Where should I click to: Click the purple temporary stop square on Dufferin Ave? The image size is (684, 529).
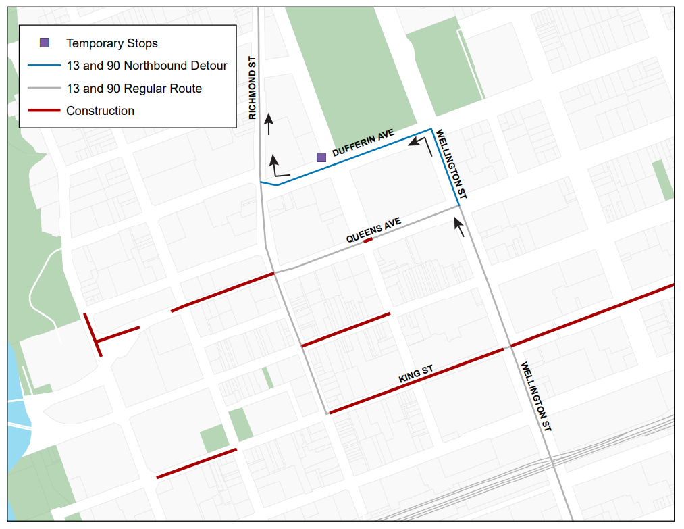pos(321,157)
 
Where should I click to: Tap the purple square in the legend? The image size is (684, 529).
pos(45,43)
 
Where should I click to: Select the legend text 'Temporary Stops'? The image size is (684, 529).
pos(111,43)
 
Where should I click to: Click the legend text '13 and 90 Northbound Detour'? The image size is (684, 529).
pos(147,66)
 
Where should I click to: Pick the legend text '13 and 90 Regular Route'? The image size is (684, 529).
pos(134,89)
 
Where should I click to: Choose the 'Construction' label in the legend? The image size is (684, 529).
pos(100,111)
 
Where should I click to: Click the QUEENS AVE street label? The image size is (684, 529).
pos(373,230)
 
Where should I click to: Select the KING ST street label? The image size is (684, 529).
pos(415,375)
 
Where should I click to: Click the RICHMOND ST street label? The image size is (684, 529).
pos(253,88)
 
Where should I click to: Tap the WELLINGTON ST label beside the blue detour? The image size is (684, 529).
pos(451,164)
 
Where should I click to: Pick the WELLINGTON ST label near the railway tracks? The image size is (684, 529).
pos(536,397)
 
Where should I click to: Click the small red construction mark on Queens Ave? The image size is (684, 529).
pos(368,240)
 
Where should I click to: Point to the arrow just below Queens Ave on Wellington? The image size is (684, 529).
pos(460,227)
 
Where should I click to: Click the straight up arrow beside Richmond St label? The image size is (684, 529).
pos(269,124)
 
